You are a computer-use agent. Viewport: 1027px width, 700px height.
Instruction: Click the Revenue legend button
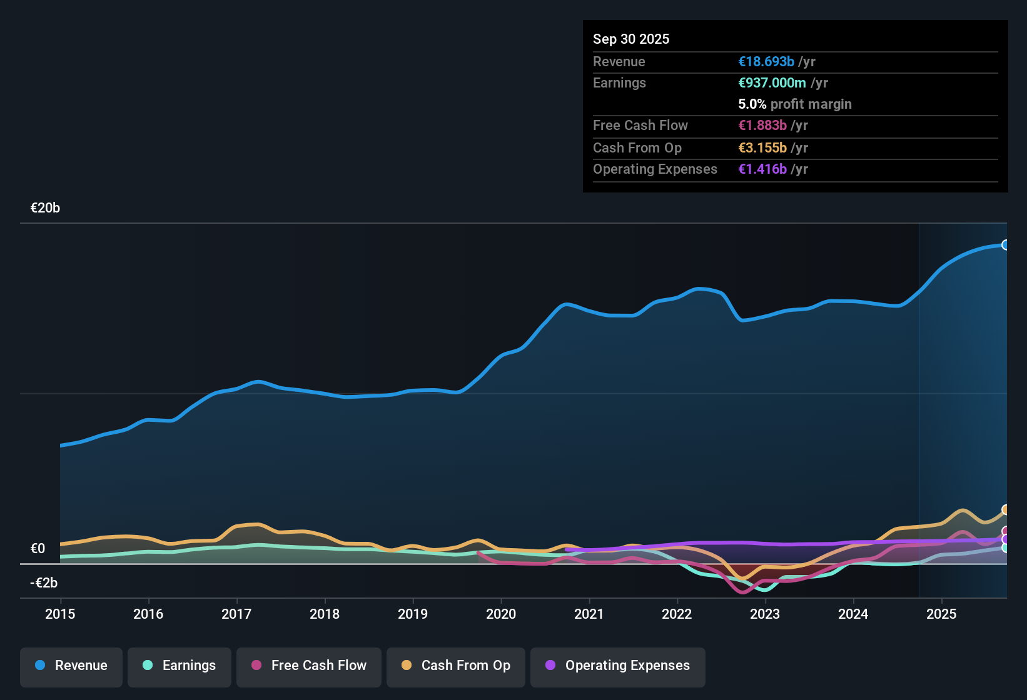71,666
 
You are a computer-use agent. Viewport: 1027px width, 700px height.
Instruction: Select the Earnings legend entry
180,666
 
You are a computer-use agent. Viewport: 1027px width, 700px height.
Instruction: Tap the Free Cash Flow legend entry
309,666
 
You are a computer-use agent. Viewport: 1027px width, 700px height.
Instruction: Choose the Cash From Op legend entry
456,666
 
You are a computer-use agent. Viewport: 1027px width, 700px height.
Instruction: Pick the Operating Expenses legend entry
617,666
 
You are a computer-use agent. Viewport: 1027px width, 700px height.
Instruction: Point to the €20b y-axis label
45,208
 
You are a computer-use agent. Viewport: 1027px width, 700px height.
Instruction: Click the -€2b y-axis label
44,583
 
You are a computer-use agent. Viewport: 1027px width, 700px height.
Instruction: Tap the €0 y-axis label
38,549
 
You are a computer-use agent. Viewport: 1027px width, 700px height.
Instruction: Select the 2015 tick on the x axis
60,614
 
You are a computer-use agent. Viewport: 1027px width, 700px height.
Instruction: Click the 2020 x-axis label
501,614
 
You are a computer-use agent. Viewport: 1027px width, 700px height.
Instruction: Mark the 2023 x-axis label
765,614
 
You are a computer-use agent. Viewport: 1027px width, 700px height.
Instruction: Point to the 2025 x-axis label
941,614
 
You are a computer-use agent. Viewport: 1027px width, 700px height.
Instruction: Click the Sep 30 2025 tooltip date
631,39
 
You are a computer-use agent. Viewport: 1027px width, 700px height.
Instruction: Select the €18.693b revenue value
766,62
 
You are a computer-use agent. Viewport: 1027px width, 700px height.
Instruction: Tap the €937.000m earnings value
772,83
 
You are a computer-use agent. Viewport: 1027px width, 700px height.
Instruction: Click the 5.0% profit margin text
795,104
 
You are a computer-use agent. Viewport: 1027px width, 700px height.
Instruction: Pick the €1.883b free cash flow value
762,126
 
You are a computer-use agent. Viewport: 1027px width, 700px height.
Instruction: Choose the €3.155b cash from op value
762,148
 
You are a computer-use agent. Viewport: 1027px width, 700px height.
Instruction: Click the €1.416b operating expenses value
762,169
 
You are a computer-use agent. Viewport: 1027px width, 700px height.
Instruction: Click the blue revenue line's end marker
1005,245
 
